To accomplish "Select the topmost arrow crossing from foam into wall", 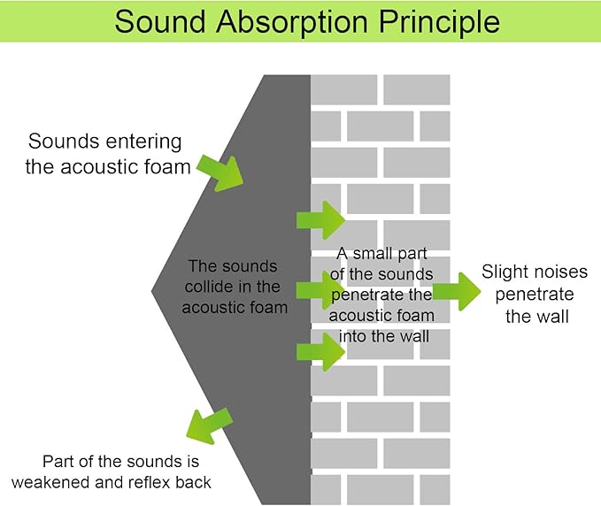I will pyautogui.click(x=320, y=219).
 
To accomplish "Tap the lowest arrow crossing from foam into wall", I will pyautogui.click(x=320, y=352).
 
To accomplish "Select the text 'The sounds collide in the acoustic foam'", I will pyautogui.click(x=234, y=287).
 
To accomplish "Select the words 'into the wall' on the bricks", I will pyautogui.click(x=384, y=336).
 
